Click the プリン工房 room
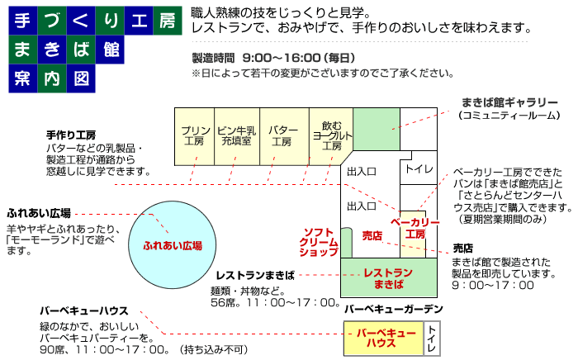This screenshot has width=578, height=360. [x=194, y=136]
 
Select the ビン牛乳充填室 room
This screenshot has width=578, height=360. [x=237, y=136]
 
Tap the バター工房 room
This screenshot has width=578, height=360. [x=284, y=136]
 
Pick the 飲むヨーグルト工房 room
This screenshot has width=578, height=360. [x=330, y=136]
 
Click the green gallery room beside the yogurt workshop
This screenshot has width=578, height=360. [x=377, y=129]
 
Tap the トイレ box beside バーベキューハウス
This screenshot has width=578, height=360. [x=432, y=338]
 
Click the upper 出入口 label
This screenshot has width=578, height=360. [x=362, y=172]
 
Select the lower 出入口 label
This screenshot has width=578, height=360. [x=362, y=206]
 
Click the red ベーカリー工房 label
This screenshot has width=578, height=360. [x=415, y=229]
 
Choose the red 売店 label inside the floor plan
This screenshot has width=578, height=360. [x=372, y=235]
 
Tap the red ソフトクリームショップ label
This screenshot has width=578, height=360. [x=319, y=242]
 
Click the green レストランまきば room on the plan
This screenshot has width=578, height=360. [x=389, y=277]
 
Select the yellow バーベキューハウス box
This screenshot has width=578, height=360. [x=383, y=338]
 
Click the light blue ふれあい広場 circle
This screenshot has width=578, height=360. [x=172, y=244]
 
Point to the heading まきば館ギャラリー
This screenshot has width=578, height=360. [x=509, y=102]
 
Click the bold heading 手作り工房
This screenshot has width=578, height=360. [x=71, y=135]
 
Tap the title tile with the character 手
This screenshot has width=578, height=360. [x=23, y=21]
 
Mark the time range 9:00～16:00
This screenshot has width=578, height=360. [x=282, y=58]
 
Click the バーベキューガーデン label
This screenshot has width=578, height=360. [x=393, y=309]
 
